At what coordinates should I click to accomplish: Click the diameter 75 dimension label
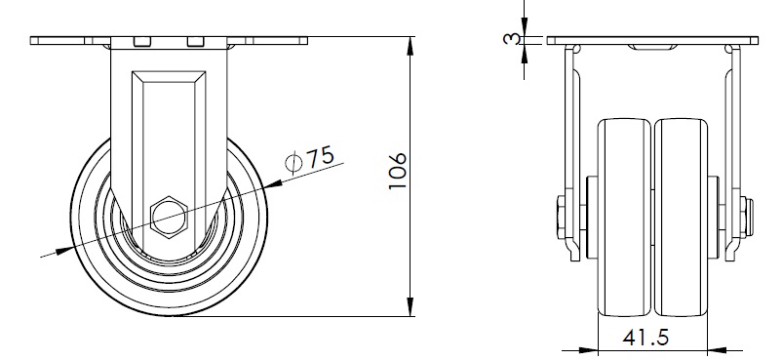point(309,159)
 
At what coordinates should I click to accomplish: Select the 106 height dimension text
point(398,172)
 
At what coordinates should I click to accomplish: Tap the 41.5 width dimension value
point(645,338)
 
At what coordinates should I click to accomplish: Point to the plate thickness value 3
point(511,39)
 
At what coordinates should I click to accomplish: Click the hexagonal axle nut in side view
point(169,218)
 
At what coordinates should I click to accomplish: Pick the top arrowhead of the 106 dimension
point(411,46)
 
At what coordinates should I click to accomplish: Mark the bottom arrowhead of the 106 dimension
point(411,306)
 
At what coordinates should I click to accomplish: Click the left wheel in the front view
point(624,218)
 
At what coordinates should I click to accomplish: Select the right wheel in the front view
point(681,218)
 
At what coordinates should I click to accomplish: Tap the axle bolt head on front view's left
point(561,218)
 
